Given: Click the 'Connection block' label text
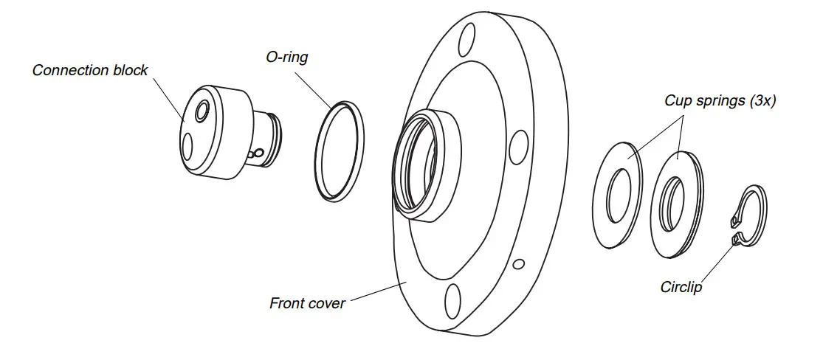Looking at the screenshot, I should coord(90,71).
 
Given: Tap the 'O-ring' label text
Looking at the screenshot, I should coord(287,57).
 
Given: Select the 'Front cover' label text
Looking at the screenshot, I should coord(307,302).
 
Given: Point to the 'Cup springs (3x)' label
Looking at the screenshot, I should coord(720,102).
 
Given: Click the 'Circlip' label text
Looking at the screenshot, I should coord(681,287).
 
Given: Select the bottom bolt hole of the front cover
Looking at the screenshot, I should coord(452,302).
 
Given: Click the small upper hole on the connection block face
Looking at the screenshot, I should coord(201,111).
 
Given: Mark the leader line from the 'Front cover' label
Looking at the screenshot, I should coord(373,292).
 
